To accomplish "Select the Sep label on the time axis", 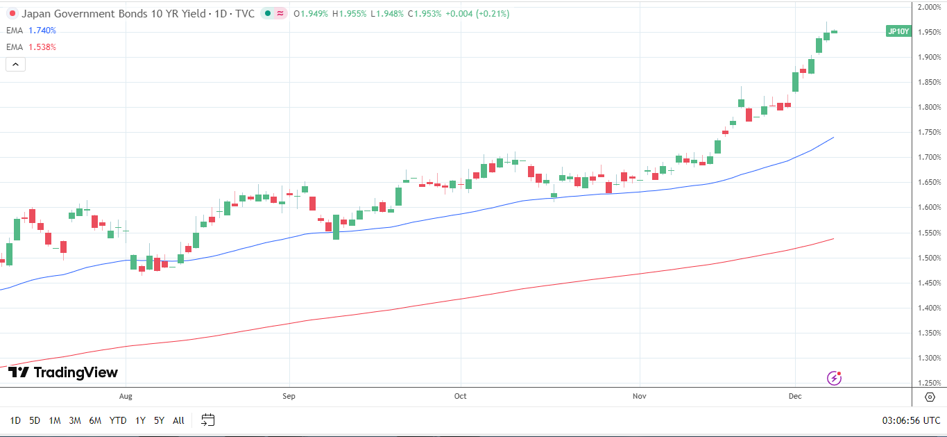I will pyautogui.click(x=289, y=396).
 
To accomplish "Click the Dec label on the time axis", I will pyautogui.click(x=795, y=396).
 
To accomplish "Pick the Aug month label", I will pyautogui.click(x=126, y=396).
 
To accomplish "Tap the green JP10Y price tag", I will pyautogui.click(x=898, y=31).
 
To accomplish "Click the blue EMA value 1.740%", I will pyautogui.click(x=42, y=31).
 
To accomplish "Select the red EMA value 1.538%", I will pyautogui.click(x=42, y=47).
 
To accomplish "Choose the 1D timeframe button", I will pyautogui.click(x=15, y=420).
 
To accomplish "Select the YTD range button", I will pyautogui.click(x=118, y=420).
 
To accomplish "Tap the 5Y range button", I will pyautogui.click(x=159, y=420).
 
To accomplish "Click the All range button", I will pyautogui.click(x=178, y=420).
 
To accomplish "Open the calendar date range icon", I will pyautogui.click(x=208, y=420).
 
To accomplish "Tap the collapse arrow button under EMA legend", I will pyautogui.click(x=15, y=65).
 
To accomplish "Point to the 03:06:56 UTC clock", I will pyautogui.click(x=911, y=420).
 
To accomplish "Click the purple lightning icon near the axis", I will pyautogui.click(x=835, y=378).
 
